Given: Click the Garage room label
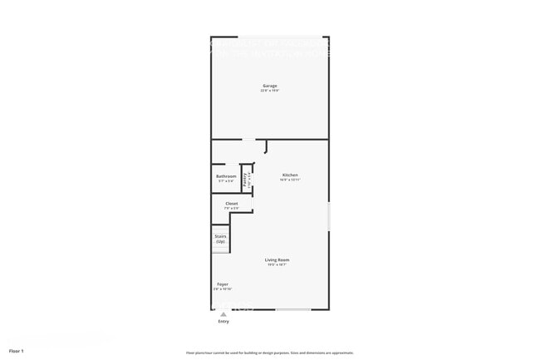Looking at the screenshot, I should click(270, 86).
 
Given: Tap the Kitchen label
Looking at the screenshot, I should click(290, 175).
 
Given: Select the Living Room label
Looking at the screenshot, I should click(277, 260).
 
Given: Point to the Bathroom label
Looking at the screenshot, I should click(226, 175).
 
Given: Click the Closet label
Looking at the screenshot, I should click(232, 203).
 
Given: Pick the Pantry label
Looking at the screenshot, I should click(245, 177).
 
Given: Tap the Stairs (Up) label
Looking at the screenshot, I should click(221, 236).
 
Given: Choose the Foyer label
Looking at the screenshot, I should click(223, 284).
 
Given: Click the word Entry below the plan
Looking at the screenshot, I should click(223, 321).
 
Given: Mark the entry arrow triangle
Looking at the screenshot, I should click(223, 313).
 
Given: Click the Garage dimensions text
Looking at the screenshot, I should click(270, 91).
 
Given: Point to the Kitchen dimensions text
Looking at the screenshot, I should click(290, 180).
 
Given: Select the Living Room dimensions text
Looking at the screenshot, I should click(277, 265).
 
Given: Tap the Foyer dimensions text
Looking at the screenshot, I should click(223, 289).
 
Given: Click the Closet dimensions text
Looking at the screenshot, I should click(232, 208).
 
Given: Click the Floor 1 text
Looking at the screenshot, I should click(17, 352).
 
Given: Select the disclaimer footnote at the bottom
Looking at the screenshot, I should click(270, 353).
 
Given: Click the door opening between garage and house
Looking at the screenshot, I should click(248, 139).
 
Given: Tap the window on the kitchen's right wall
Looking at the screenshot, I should click(329, 216).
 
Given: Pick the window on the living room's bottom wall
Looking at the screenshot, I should click(293, 310).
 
